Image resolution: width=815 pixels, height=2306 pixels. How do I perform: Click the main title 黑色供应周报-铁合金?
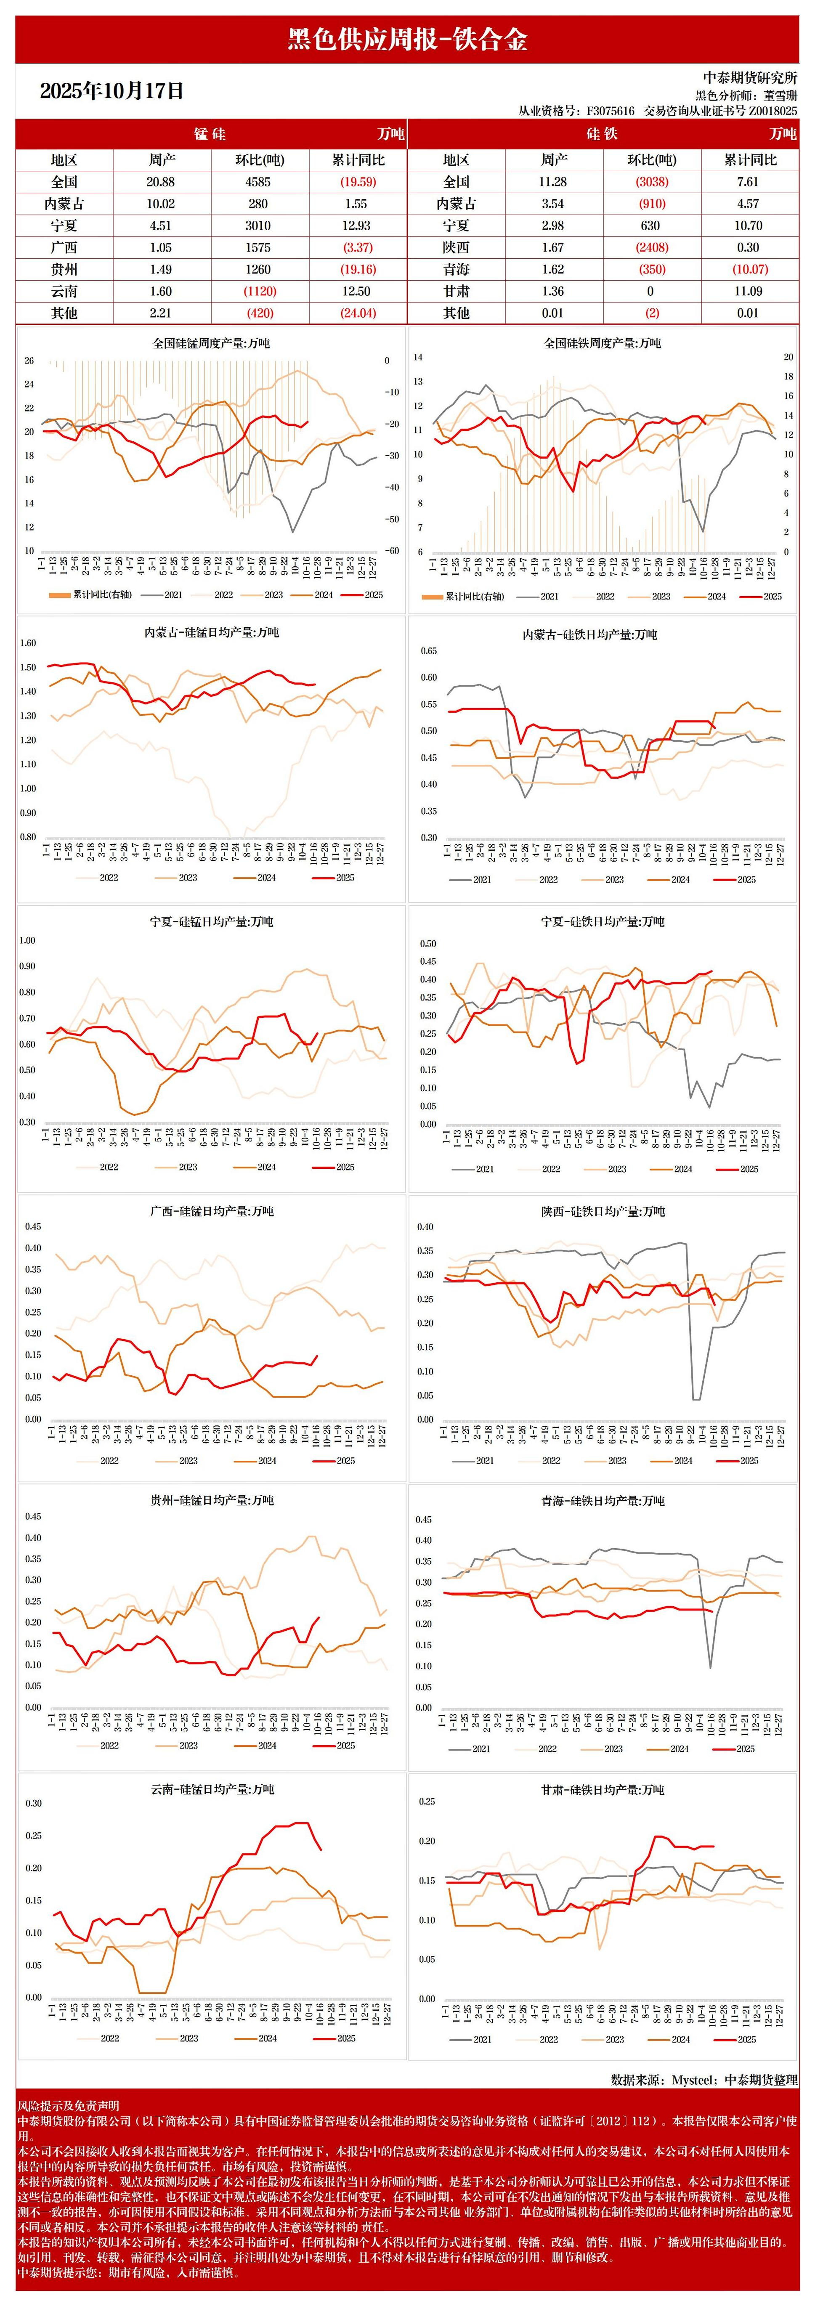407,40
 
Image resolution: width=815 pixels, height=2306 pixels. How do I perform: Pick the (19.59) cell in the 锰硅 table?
357,182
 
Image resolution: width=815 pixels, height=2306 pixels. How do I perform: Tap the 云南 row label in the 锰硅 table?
64,291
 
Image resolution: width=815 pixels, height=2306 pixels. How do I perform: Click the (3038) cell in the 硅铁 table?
651,182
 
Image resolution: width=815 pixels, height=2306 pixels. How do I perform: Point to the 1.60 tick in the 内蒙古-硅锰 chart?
28,643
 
